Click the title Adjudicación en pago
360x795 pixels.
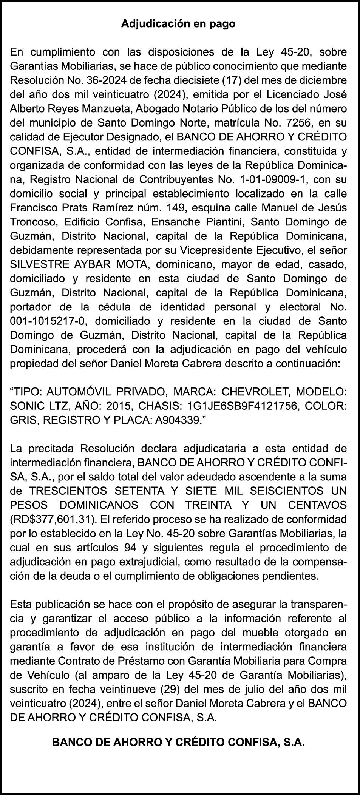(x=178, y=24)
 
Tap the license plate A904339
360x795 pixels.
(x=177, y=420)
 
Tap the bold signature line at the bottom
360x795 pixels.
(x=178, y=742)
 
